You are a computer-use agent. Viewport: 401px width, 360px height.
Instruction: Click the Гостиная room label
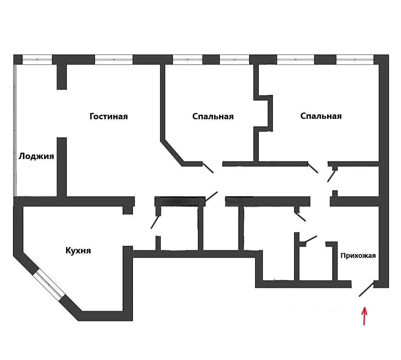point(108,117)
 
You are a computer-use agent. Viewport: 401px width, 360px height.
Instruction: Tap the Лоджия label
point(36,156)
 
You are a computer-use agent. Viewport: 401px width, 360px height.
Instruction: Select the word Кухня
point(78,251)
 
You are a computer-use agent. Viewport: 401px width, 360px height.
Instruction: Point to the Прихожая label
point(358,256)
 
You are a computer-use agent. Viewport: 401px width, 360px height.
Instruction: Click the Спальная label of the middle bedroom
point(213,117)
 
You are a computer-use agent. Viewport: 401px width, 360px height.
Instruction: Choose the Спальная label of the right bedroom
point(321,116)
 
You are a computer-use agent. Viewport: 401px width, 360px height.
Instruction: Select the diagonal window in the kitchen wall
point(49,285)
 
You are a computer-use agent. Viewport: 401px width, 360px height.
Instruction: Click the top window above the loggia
point(37,59)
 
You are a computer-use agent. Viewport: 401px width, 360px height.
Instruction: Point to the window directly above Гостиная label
point(114,59)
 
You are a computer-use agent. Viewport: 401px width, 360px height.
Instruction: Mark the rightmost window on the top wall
point(355,59)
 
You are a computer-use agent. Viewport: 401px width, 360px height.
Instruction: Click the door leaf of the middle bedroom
point(208,168)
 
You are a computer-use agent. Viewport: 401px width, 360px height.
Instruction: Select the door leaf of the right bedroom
point(313,168)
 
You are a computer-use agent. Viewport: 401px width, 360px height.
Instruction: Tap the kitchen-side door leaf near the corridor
point(155,222)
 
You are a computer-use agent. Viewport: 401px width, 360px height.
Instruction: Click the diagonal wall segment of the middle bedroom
point(172,152)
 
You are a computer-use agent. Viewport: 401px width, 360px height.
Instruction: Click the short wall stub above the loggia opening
point(62,77)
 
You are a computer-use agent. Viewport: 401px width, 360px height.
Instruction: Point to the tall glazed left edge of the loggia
point(15,130)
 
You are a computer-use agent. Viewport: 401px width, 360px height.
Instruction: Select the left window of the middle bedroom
point(188,59)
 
